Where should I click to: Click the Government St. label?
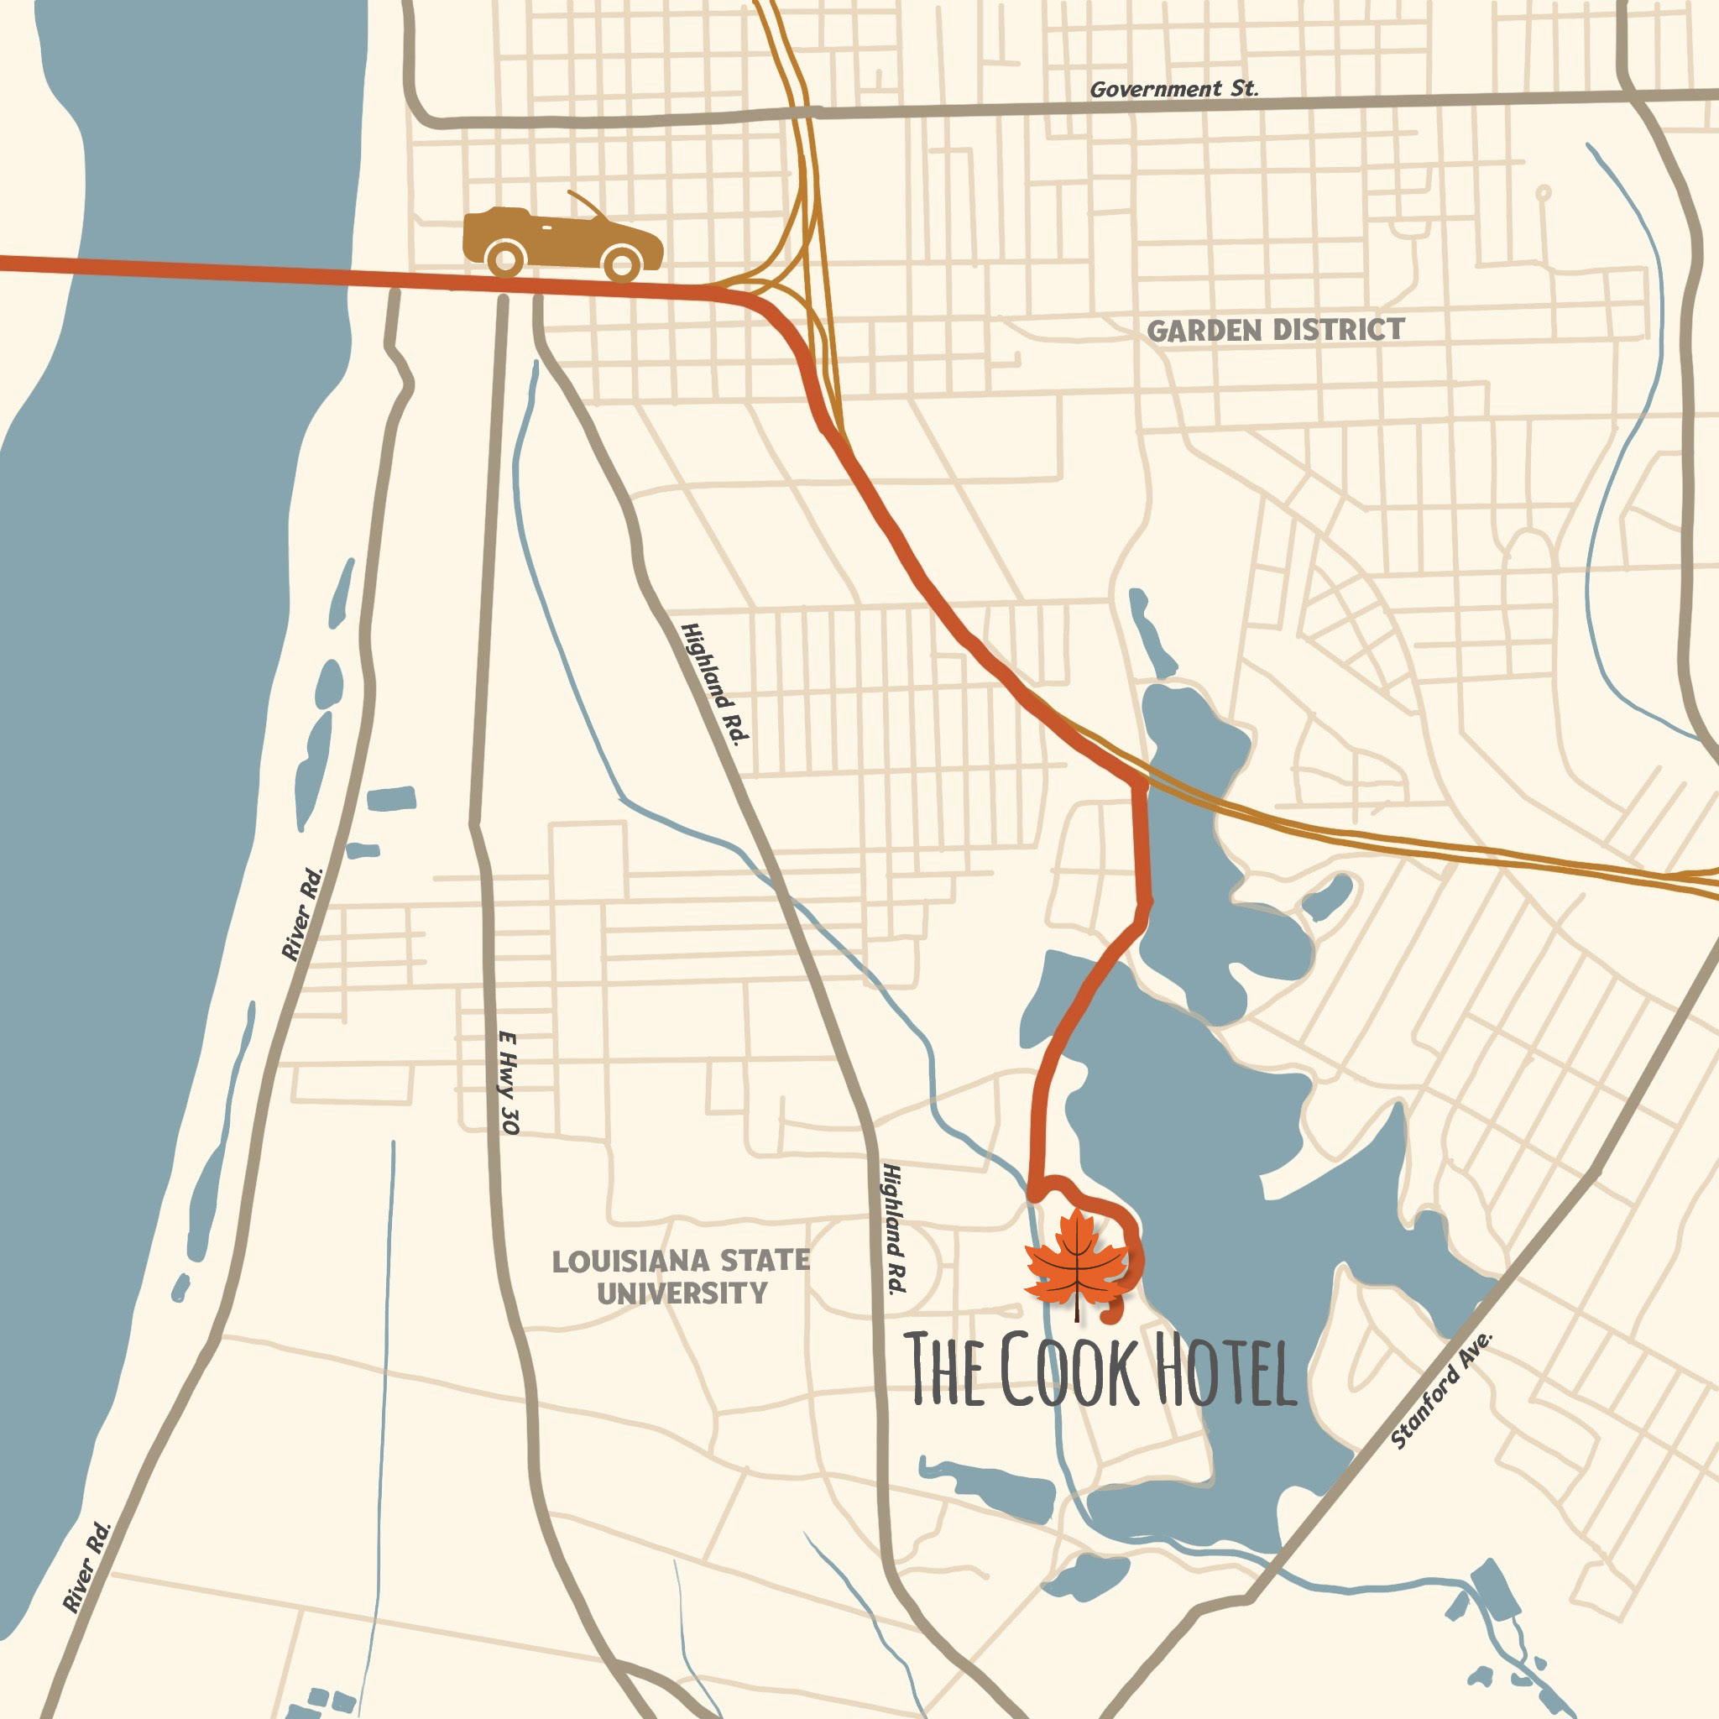point(1173,89)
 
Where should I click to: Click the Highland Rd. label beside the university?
point(893,1229)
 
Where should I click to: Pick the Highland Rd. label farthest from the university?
point(715,682)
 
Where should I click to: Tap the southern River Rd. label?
point(87,1567)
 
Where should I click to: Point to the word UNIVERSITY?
point(682,1293)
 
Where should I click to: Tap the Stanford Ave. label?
point(1440,1390)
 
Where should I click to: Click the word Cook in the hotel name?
point(1068,1370)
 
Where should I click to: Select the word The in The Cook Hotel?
point(945,1370)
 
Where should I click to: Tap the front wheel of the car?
point(622,264)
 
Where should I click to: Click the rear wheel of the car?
point(505,260)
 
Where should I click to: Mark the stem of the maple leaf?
point(1076,1309)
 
